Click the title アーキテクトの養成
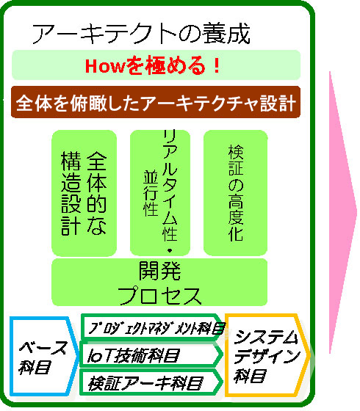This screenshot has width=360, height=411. [141, 33]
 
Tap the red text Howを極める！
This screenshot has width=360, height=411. [153, 65]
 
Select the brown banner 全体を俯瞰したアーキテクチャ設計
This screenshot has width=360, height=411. [156, 102]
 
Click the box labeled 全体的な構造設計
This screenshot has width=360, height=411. [84, 193]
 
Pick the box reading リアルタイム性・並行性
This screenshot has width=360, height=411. [160, 193]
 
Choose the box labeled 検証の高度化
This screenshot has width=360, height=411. [235, 193]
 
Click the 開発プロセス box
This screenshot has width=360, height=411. [159, 283]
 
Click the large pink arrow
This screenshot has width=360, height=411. [342, 212]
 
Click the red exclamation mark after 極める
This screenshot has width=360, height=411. [217, 65]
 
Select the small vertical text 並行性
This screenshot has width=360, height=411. [151, 193]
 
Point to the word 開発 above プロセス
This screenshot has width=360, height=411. [159, 271]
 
